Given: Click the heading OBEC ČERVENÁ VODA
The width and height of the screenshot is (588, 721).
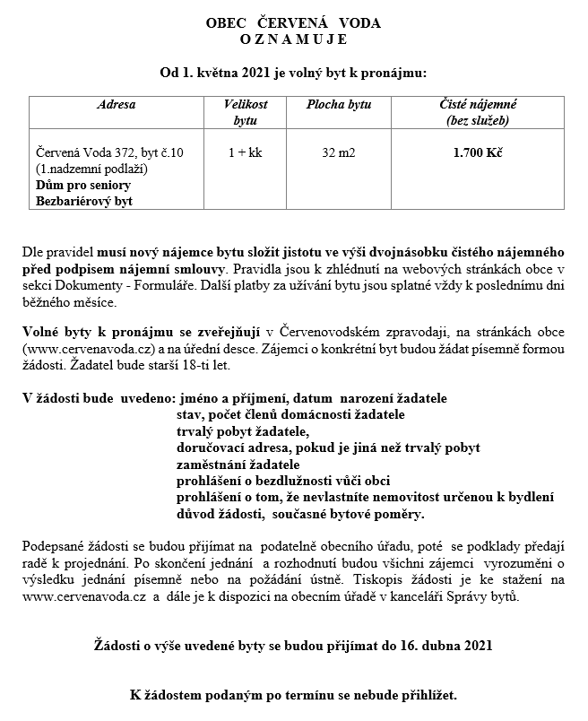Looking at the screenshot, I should point(293,23).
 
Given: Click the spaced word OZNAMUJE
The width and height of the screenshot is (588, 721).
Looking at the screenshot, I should point(293,39).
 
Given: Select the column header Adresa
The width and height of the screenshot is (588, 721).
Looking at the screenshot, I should point(117,105).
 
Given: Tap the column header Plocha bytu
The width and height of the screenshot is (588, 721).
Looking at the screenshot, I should point(338,105).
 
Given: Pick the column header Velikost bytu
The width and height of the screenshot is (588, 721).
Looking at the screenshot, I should point(245,112).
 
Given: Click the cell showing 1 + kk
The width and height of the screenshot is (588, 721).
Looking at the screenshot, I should point(245,153).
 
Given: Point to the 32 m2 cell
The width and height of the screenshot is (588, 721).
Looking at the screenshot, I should point(338,153).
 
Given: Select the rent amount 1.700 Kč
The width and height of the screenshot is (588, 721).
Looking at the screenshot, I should point(478,153).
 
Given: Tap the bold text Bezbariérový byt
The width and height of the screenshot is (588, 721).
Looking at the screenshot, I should point(83,201).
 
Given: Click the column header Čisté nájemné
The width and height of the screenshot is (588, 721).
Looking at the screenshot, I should point(478,105).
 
